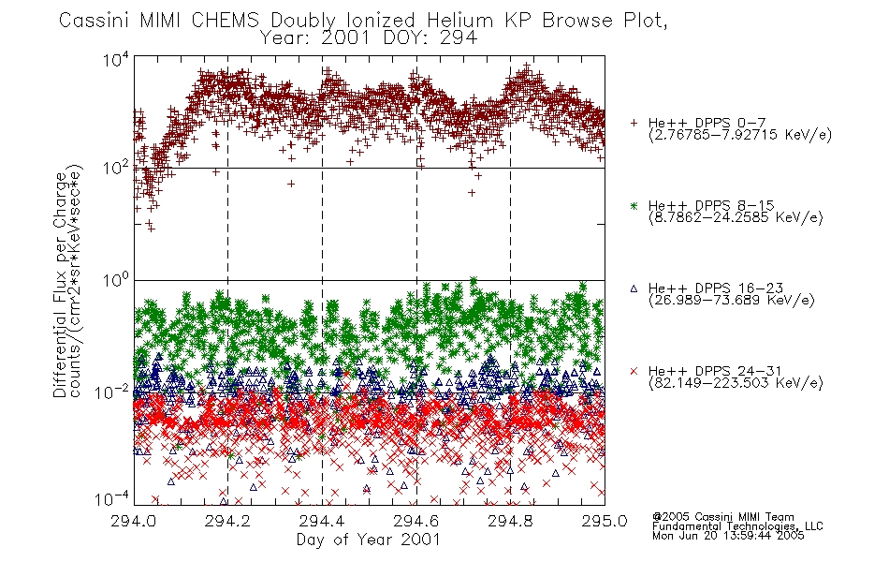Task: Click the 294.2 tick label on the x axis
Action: coord(227,521)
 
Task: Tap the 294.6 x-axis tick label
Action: coord(416,521)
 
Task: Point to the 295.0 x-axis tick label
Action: coord(605,521)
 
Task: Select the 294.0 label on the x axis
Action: coord(133,521)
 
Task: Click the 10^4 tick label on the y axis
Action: coord(116,59)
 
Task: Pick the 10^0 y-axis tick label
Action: coord(116,280)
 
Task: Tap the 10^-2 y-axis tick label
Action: coord(112,392)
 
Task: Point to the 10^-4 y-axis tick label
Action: coord(112,499)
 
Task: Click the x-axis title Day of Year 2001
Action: coord(369,540)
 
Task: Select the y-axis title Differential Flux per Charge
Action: coord(60,285)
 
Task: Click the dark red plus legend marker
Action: coord(634,123)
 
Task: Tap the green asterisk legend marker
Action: coord(634,206)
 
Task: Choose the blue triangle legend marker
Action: coord(634,288)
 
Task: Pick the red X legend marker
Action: coord(634,371)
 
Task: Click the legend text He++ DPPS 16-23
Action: coord(716,288)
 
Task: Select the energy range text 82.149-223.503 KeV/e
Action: coord(736,383)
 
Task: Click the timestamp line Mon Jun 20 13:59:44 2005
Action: coord(728,536)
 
